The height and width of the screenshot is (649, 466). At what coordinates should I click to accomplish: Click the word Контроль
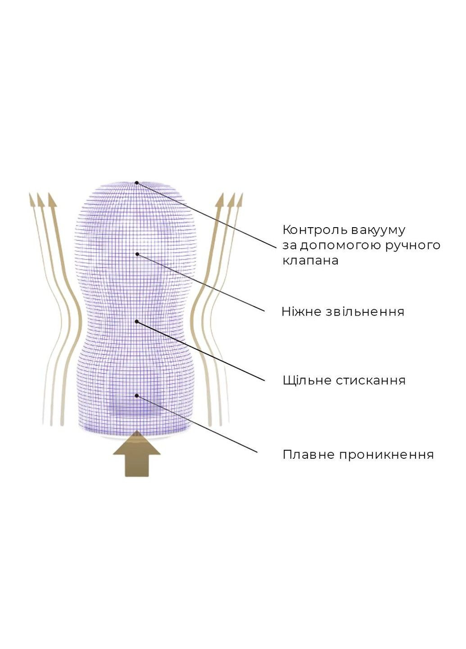(316, 230)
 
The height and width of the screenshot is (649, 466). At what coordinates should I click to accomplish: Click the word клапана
(311, 261)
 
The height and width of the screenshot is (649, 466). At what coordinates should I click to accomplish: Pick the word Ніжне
(302, 311)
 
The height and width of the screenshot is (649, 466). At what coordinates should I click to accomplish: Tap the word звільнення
(365, 312)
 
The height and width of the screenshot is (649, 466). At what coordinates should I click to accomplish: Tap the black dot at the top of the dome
(136, 183)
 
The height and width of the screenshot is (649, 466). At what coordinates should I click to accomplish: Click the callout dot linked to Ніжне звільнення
(137, 254)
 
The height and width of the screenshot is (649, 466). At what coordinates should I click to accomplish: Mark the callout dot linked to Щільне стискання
(137, 322)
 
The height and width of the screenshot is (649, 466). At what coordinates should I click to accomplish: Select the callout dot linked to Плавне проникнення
(137, 396)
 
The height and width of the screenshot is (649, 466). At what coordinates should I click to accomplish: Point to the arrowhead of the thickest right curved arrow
(220, 200)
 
